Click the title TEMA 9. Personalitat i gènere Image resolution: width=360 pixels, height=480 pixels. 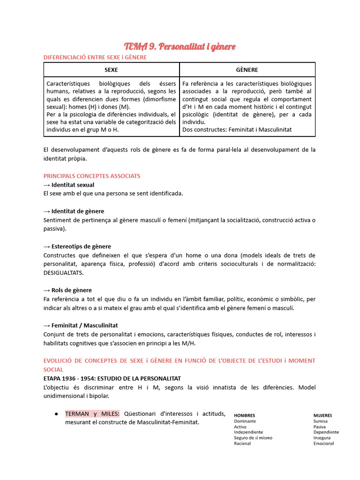[x=180, y=46]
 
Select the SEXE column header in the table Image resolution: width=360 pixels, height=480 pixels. [x=111, y=70]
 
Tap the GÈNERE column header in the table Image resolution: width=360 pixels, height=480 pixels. [x=247, y=70]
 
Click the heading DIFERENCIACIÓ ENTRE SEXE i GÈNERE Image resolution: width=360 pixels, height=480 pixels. [x=95, y=57]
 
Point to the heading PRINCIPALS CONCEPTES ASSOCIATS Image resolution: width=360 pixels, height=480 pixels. [x=91, y=176]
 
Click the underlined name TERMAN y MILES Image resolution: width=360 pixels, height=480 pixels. [x=92, y=413]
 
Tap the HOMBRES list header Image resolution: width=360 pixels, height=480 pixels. [x=244, y=415]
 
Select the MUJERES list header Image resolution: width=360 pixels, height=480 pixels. [x=323, y=415]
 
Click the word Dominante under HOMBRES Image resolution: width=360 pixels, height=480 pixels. [x=245, y=421]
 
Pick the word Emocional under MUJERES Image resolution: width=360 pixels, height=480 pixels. [x=324, y=443]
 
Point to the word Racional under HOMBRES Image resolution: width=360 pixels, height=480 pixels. [x=242, y=443]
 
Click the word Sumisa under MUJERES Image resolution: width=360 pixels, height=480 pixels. [x=321, y=421]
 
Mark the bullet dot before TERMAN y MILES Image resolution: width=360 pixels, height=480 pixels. [x=56, y=414]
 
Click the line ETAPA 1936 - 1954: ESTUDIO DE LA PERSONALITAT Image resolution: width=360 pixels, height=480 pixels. [x=112, y=378]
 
